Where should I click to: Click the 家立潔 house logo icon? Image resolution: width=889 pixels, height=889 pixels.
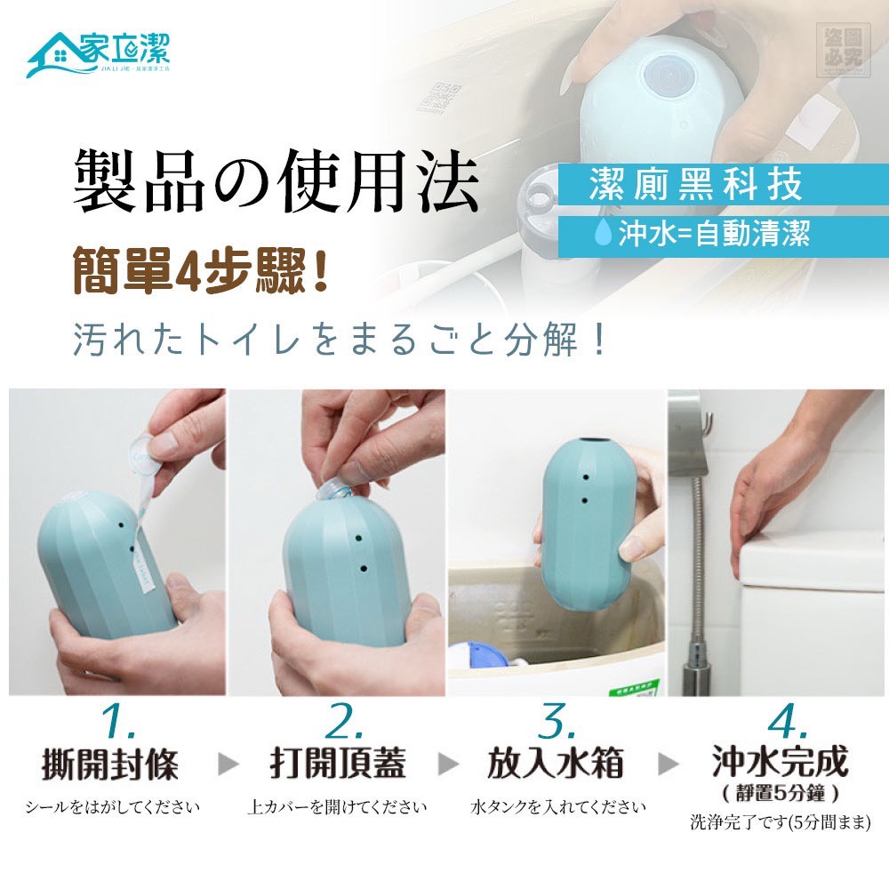[55, 54]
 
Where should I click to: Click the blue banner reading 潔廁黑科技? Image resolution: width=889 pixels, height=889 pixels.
[695, 185]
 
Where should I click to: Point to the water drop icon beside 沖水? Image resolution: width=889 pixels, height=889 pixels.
[603, 235]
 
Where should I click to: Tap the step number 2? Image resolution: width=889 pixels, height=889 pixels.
[337, 725]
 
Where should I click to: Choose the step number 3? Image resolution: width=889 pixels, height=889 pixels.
[557, 725]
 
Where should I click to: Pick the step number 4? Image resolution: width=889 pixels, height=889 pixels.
[781, 725]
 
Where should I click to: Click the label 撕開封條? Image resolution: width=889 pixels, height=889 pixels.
[110, 764]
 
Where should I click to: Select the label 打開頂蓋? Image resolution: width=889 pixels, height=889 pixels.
[337, 764]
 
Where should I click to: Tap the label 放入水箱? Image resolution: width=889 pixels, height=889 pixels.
[556, 764]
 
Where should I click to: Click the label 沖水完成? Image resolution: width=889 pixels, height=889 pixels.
[780, 762]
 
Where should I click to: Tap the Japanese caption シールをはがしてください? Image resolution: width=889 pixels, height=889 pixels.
[112, 807]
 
